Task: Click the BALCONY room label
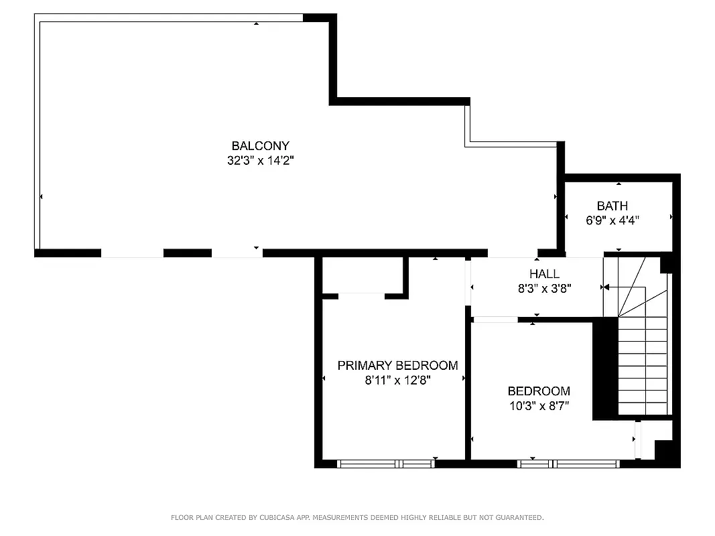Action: [x=260, y=145]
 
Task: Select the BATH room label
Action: [x=612, y=206]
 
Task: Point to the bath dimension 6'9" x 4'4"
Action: [x=612, y=220]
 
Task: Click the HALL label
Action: [x=543, y=273]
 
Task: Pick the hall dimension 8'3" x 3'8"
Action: [x=543, y=288]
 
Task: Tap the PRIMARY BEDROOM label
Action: [x=397, y=365]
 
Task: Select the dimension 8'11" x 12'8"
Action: [x=397, y=381]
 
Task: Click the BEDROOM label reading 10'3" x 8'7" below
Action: [x=538, y=391]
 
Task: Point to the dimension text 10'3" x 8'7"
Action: [x=538, y=405]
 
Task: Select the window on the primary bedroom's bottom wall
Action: [x=385, y=463]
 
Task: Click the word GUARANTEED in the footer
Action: [x=518, y=517]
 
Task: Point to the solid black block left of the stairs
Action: [x=604, y=368]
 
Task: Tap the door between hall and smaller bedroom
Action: [x=495, y=320]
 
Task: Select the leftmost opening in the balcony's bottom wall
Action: [x=132, y=253]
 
